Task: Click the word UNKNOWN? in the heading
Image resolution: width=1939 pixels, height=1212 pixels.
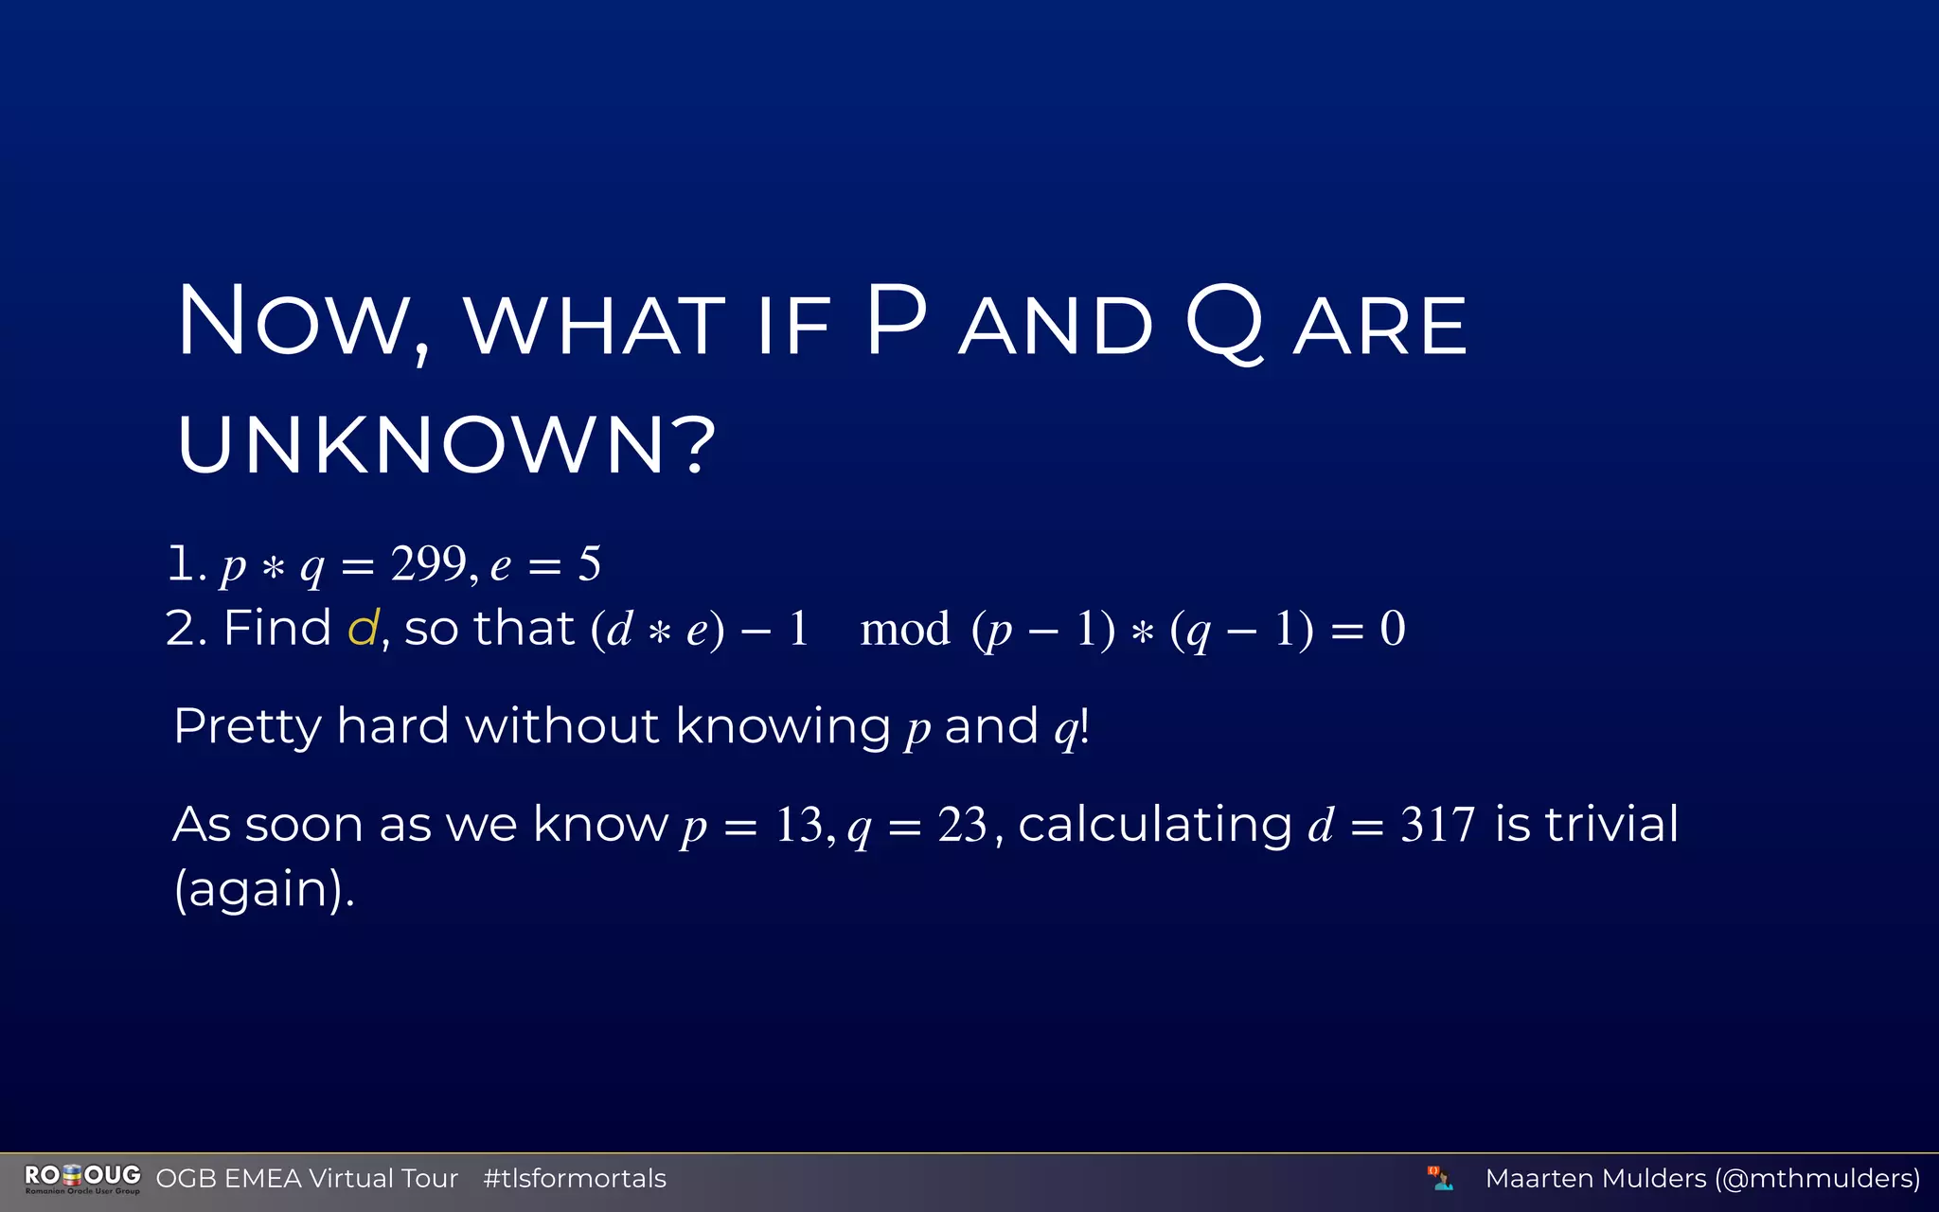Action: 445,445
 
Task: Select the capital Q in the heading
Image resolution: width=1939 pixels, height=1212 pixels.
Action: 1223,324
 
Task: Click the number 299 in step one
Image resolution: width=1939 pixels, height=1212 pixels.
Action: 428,564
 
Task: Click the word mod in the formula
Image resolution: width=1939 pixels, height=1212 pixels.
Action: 905,630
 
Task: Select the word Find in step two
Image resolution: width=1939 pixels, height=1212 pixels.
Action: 276,628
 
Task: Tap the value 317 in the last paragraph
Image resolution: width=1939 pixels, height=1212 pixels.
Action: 1437,825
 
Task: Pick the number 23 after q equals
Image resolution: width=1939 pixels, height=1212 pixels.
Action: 963,825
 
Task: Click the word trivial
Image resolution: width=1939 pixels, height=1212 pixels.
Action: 1611,824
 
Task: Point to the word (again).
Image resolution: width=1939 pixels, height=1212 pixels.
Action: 264,889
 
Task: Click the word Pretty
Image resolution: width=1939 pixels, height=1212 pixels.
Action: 248,727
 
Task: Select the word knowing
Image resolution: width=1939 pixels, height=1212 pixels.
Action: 783,727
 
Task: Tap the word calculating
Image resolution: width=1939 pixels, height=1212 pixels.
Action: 1155,824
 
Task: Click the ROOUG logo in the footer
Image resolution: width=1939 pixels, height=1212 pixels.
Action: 82,1178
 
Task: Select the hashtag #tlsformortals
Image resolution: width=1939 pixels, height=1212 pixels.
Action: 575,1179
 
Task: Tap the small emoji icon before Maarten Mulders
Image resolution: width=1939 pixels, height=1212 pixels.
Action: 1440,1179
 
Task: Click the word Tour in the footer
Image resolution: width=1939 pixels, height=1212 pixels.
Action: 430,1179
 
